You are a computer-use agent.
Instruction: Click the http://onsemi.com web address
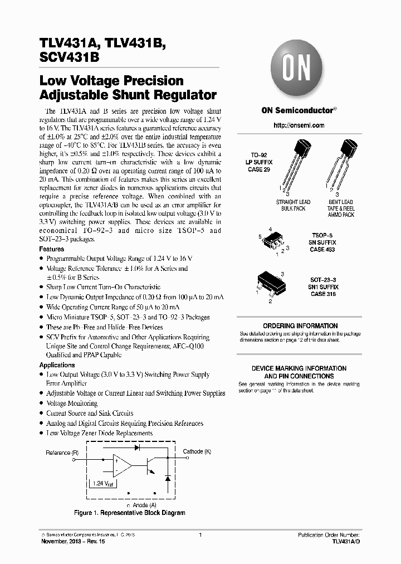299,125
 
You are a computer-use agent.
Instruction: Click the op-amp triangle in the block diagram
122,461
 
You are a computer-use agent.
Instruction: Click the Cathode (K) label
197,451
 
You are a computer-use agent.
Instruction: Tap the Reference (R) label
62,453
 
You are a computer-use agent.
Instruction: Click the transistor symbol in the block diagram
150,462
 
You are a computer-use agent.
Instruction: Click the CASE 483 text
323,250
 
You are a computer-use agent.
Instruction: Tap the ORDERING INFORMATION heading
300,326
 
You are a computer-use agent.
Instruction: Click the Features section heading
52,249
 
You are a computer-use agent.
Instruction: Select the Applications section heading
57,365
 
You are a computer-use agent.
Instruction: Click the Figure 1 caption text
130,513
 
